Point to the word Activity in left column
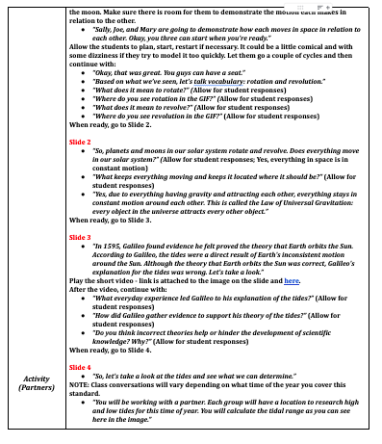(35, 405)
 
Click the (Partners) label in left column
(35, 415)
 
